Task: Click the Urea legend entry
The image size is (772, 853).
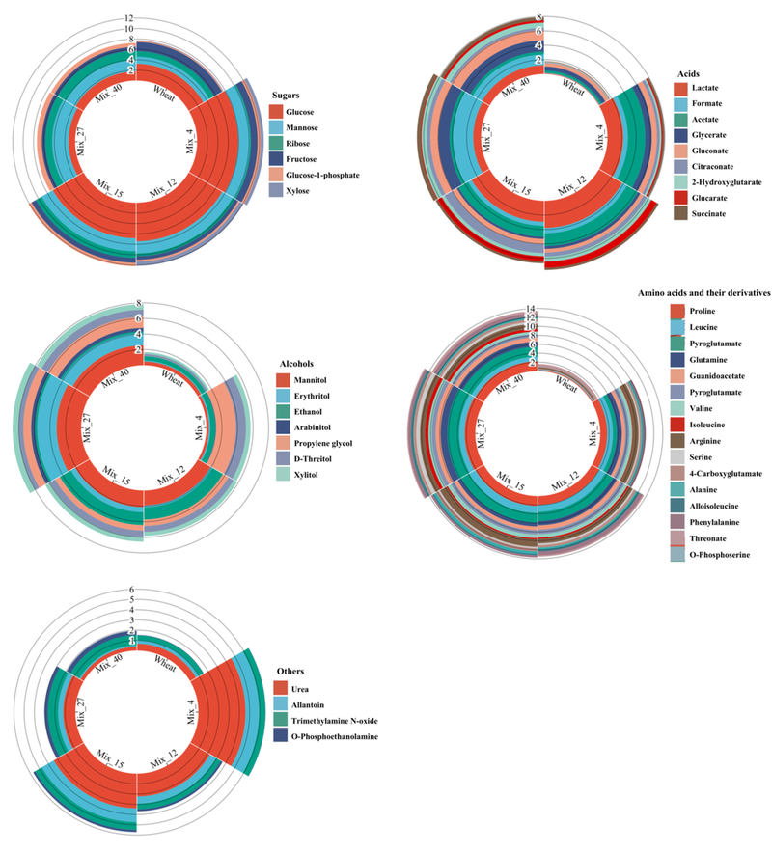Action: [294, 688]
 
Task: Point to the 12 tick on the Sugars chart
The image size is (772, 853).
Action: [129, 18]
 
